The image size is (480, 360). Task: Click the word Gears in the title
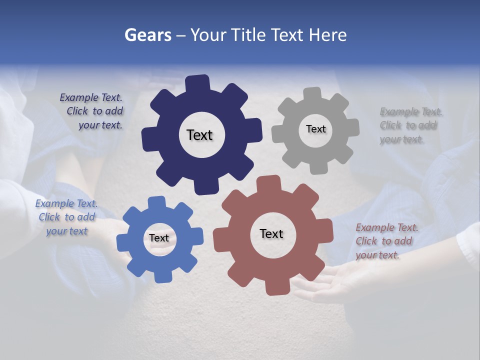pos(148,35)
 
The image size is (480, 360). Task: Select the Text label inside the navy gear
pos(199,135)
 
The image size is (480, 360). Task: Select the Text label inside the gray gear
pos(315,129)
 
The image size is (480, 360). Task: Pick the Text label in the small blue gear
pos(159,238)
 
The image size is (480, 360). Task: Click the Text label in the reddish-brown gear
pos(271,233)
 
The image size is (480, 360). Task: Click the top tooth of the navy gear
pos(197,83)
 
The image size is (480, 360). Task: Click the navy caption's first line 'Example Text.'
pos(91,98)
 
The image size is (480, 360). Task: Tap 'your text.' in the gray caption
pos(401,139)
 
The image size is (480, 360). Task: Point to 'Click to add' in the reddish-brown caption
pos(384,241)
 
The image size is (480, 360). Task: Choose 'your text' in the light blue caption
pos(67,231)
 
